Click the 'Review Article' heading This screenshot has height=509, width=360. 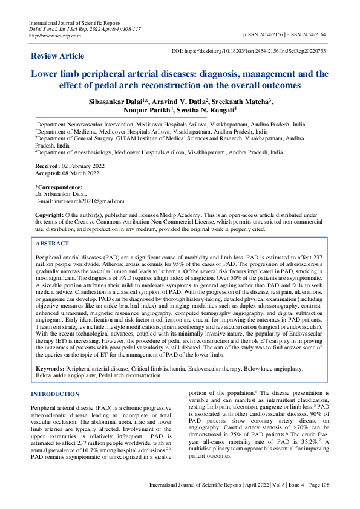coord(57,56)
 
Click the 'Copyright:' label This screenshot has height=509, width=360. coord(48,215)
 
